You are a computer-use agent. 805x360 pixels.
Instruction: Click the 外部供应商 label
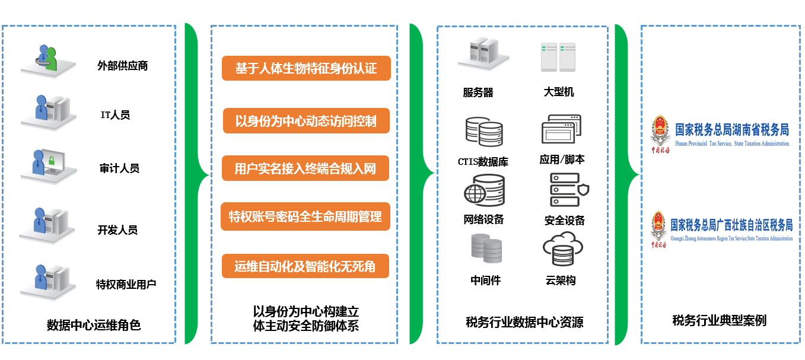pyautogui.click(x=122, y=66)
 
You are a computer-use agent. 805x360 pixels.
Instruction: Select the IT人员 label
pyautogui.click(x=115, y=115)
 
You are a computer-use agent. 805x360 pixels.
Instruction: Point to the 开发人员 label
pyautogui.click(x=117, y=230)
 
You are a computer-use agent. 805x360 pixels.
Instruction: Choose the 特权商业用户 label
pyautogui.click(x=126, y=284)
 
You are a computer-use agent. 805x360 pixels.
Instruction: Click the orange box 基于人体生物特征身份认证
pyautogui.click(x=306, y=68)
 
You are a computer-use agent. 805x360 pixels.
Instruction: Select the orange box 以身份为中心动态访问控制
pyautogui.click(x=306, y=121)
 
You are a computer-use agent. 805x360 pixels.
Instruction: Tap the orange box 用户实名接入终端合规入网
pyautogui.click(x=306, y=168)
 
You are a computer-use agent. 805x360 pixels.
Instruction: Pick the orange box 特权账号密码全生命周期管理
pyautogui.click(x=306, y=216)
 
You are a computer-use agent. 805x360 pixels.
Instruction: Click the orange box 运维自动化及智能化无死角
pyautogui.click(x=306, y=266)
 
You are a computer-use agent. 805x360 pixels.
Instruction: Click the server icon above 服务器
pyautogui.click(x=479, y=55)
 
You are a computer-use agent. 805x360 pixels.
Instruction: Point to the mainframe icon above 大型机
pyautogui.click(x=558, y=58)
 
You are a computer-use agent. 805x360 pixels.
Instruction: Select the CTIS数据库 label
pyautogui.click(x=483, y=161)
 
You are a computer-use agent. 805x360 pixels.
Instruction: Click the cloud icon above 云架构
pyautogui.click(x=559, y=249)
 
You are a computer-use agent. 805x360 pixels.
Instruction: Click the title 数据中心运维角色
pyautogui.click(x=94, y=325)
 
